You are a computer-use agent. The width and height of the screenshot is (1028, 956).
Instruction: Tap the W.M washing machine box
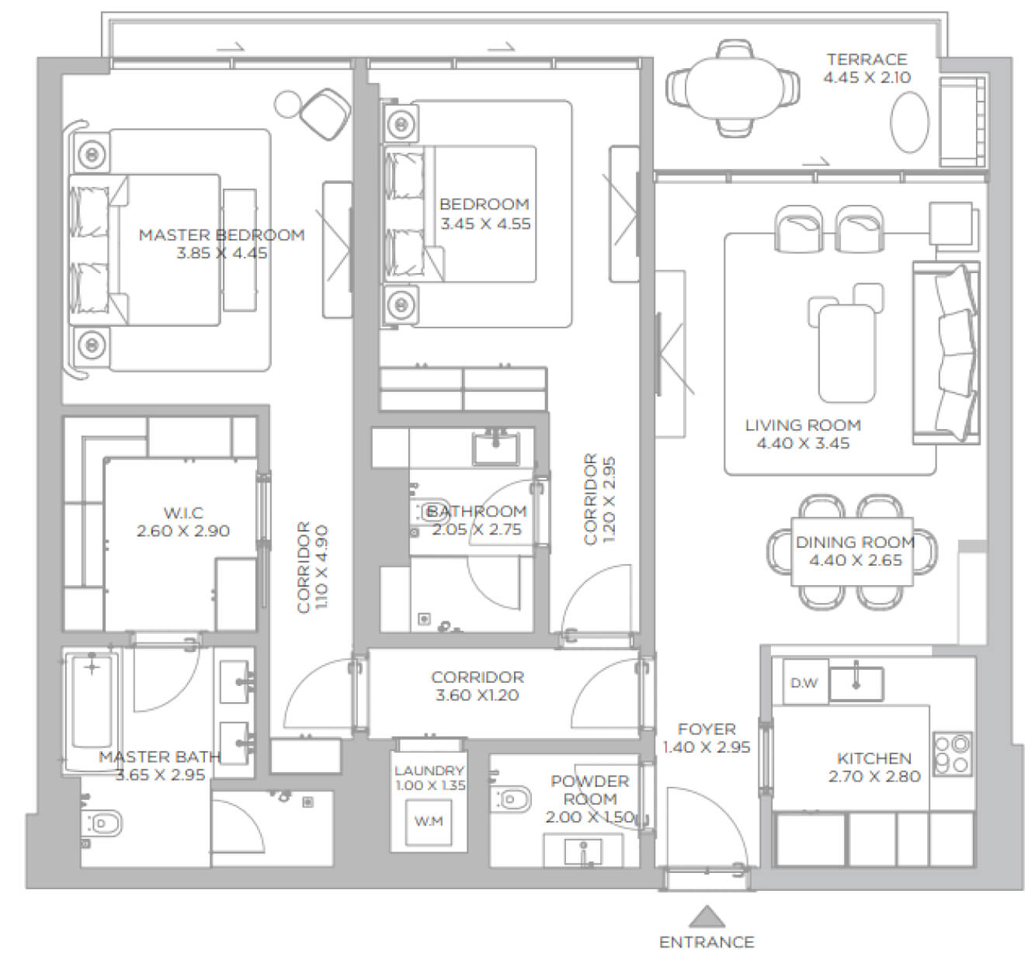tap(429, 822)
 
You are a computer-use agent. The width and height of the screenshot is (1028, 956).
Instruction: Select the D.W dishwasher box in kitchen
tap(805, 682)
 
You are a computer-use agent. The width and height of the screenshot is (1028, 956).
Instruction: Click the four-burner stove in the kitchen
tap(953, 753)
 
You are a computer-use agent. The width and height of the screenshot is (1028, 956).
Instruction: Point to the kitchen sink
tap(856, 684)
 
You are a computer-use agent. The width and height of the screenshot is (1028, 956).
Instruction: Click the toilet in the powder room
tap(509, 800)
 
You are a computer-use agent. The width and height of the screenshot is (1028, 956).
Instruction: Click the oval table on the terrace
tap(909, 123)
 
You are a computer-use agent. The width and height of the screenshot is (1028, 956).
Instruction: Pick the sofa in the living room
tap(946, 353)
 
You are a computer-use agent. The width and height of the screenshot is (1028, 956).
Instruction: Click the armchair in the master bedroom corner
tap(325, 114)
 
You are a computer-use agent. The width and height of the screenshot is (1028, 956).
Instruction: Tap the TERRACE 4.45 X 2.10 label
tap(867, 68)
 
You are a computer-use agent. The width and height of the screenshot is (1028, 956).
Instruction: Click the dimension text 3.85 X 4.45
tap(222, 253)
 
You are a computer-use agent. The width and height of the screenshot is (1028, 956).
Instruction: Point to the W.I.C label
tap(183, 513)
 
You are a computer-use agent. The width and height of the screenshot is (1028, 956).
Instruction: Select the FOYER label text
tap(707, 729)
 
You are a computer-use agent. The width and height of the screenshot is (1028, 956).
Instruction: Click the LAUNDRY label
tap(429, 771)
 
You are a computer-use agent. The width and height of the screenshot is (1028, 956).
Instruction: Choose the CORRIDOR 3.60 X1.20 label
tap(478, 686)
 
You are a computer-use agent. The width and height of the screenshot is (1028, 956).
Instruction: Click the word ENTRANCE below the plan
tap(707, 942)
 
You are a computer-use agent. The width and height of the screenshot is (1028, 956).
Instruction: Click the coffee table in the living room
tap(847, 354)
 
